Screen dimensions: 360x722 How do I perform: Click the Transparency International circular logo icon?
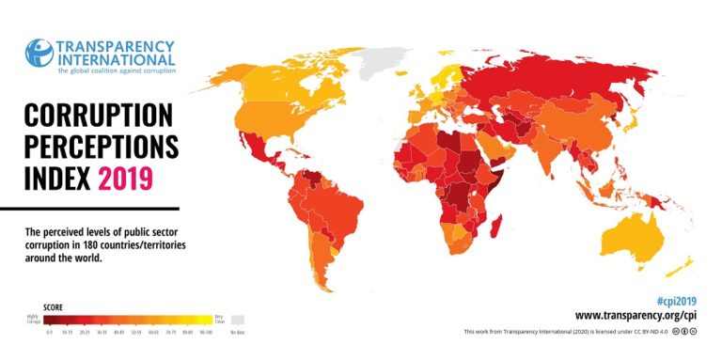[x=39, y=55]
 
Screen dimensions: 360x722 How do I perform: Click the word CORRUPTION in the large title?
[x=99, y=117]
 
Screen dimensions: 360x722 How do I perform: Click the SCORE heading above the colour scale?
[x=56, y=306]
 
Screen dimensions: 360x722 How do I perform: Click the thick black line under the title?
[x=89, y=207]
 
